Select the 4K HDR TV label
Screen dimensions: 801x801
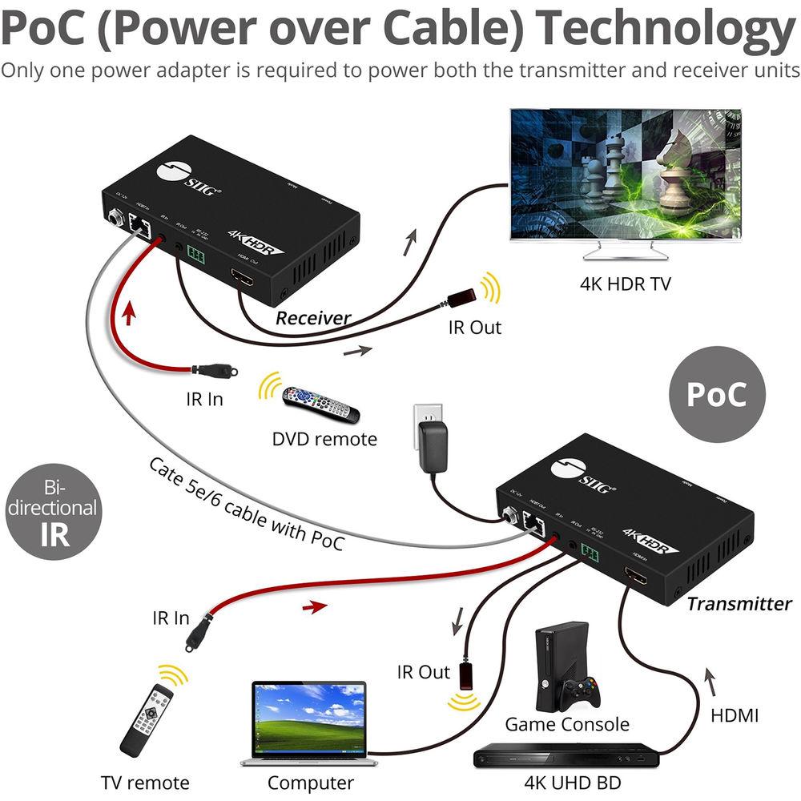625,284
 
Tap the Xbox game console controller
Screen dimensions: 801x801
580,691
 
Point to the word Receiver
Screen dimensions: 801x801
313,318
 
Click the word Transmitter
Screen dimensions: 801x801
739,604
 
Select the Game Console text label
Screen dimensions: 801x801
566,724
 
